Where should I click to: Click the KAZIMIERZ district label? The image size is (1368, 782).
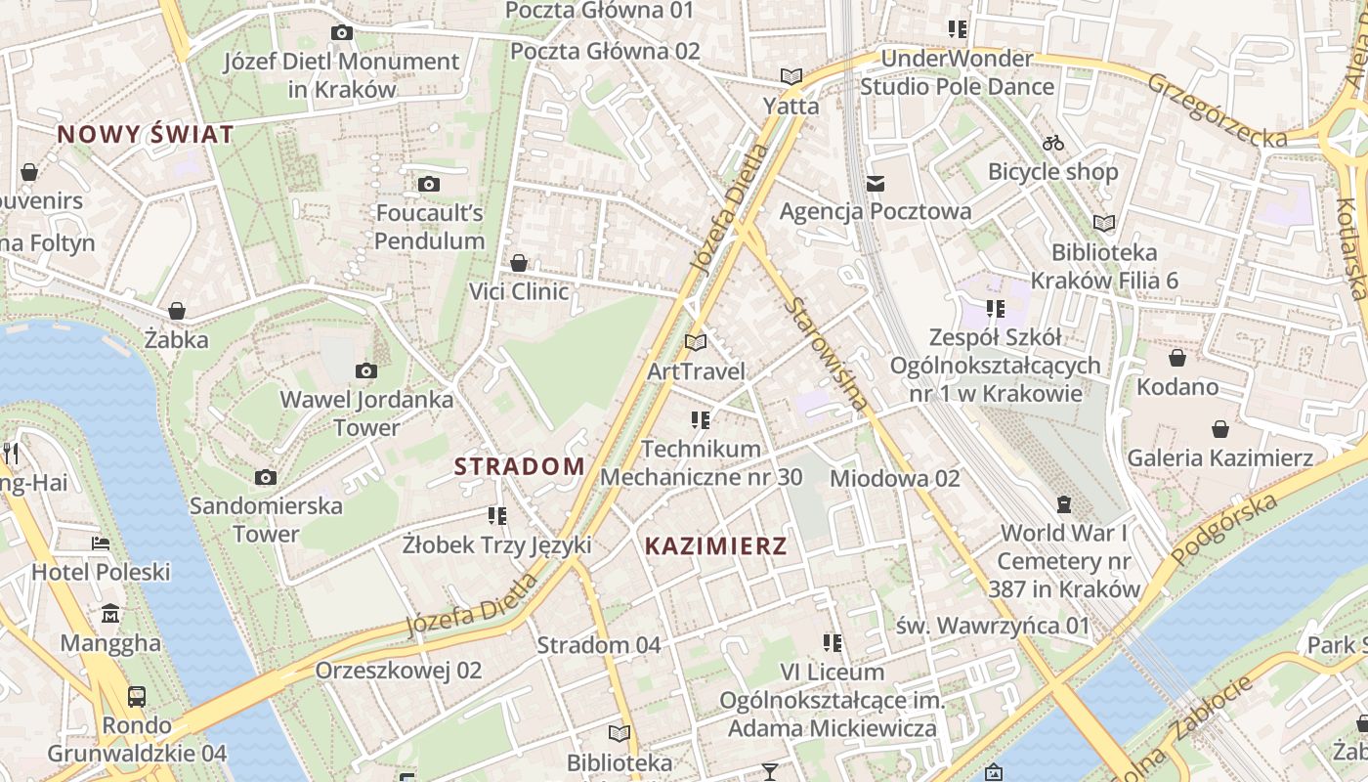[x=715, y=546]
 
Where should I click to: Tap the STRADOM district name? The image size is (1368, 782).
[x=519, y=466]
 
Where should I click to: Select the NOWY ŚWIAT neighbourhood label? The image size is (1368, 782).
[x=146, y=134]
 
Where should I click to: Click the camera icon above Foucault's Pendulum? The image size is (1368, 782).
[x=428, y=184]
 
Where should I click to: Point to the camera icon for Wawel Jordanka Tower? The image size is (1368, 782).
[x=366, y=370]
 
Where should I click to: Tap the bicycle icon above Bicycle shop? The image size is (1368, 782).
[x=1052, y=143]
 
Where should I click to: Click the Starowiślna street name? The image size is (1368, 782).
[x=826, y=353]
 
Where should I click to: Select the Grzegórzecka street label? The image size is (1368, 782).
[x=1217, y=110]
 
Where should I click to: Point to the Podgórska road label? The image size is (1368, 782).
[x=1224, y=530]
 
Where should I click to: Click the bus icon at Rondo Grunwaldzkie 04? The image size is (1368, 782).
[x=137, y=697]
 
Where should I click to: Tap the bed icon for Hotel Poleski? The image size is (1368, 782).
[x=101, y=543]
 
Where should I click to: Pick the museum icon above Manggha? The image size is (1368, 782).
[x=110, y=614]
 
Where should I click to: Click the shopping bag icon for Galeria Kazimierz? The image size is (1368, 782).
[x=1219, y=429]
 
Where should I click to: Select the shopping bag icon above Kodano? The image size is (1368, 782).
[x=1177, y=358]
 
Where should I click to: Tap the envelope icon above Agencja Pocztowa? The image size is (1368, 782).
[x=875, y=183]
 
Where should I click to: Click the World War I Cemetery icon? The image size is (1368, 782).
[x=1063, y=504]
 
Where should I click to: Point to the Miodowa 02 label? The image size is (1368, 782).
[x=894, y=478]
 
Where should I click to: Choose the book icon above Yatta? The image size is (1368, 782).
[x=791, y=76]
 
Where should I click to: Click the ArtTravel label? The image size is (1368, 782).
[x=696, y=371]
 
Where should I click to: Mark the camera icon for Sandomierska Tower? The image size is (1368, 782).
[x=265, y=477]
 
